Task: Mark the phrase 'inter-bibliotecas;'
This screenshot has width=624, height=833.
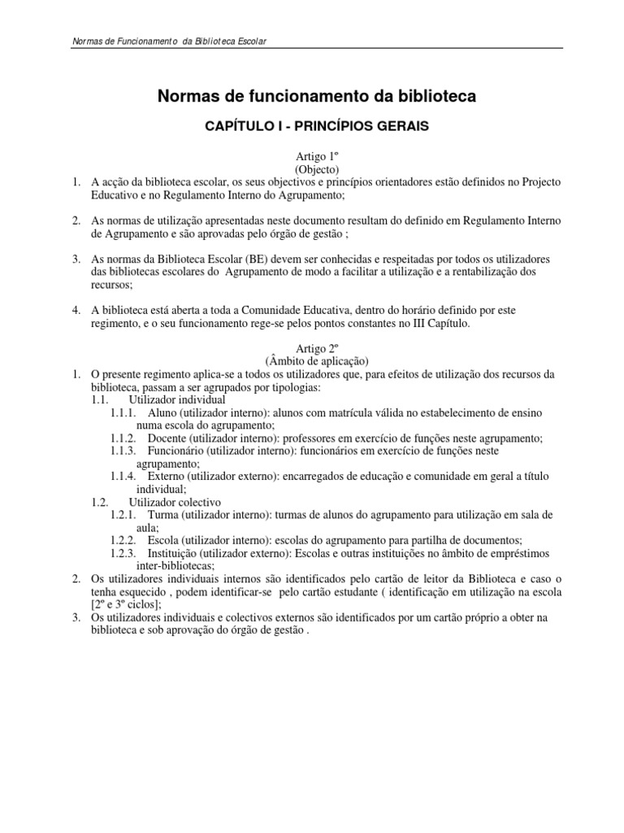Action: click(175, 566)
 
